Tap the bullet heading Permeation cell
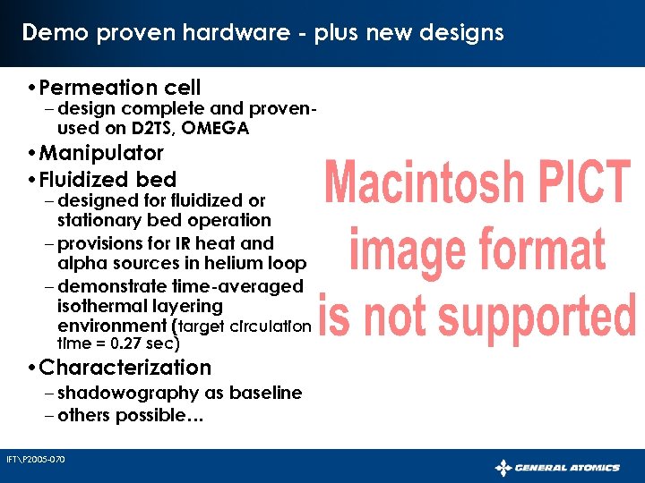coord(120,88)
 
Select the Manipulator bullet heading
coord(101,153)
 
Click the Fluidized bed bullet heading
coord(107,179)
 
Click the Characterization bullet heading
coord(125,368)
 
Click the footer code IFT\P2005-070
coord(36,460)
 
